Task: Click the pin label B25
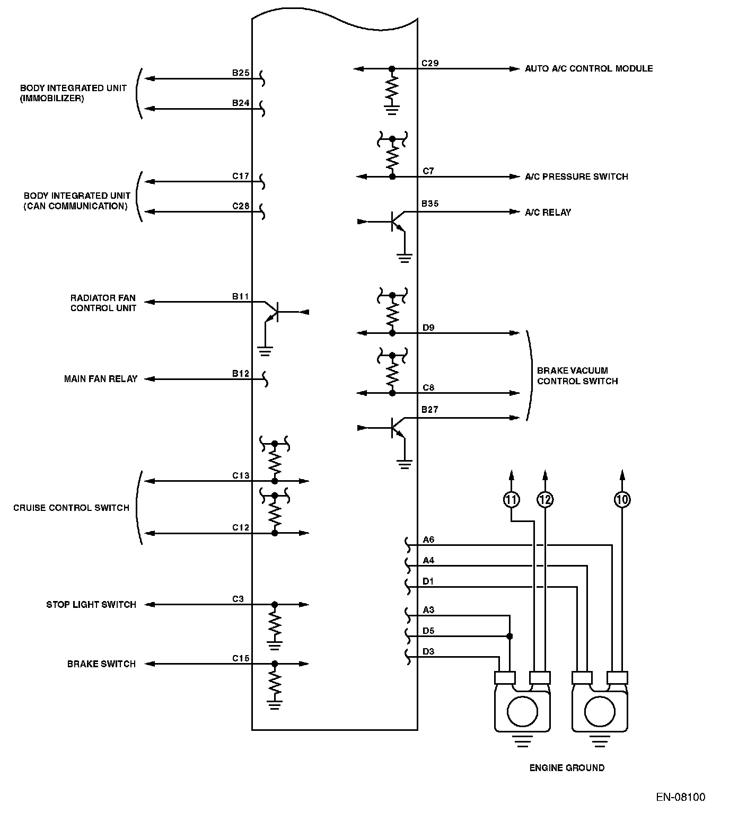[x=241, y=73]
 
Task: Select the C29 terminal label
[x=430, y=63]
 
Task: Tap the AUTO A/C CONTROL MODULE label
[x=588, y=68]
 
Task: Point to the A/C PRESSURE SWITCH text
[x=576, y=176]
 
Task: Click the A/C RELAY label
[x=548, y=213]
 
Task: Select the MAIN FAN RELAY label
[x=101, y=379]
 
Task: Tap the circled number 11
[x=511, y=499]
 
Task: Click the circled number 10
[x=622, y=499]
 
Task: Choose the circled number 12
[x=544, y=499]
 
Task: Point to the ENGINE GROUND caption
[x=567, y=768]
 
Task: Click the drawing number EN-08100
[x=681, y=797]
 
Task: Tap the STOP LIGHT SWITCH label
[x=91, y=605]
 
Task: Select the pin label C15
[x=241, y=658]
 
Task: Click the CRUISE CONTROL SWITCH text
[x=71, y=508]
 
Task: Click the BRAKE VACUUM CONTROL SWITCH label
[x=577, y=376]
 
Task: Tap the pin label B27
[x=430, y=410]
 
